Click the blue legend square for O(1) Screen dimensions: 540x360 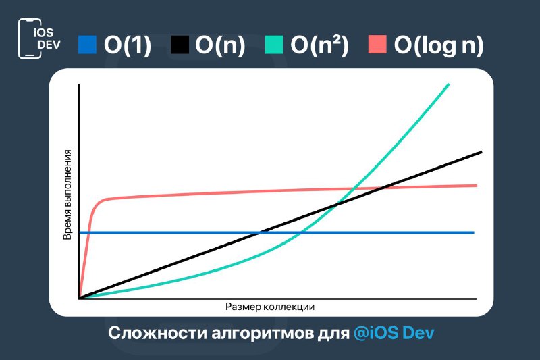[87, 45]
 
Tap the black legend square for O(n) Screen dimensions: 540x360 [180, 45]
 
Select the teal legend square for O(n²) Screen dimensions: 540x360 [274, 45]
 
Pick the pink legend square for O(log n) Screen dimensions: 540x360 [377, 45]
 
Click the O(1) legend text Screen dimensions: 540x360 [128, 45]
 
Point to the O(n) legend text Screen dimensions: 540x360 [220, 45]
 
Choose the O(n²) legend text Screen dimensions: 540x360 [319, 45]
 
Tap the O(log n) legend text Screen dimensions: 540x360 [438, 45]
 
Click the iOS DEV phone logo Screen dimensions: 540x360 [39, 38]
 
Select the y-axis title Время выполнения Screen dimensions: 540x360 [67, 195]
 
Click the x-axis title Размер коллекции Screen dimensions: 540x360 [270, 307]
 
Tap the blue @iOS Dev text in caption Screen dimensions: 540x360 [394, 333]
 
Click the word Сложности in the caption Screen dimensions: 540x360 [157, 333]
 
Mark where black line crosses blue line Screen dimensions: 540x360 [260, 232]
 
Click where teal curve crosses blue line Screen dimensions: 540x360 [300, 232]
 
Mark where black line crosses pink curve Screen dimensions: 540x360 [383, 188]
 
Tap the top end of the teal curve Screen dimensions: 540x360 [449, 84]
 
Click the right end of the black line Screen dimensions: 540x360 [481, 151]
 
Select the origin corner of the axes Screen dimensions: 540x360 [79, 299]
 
